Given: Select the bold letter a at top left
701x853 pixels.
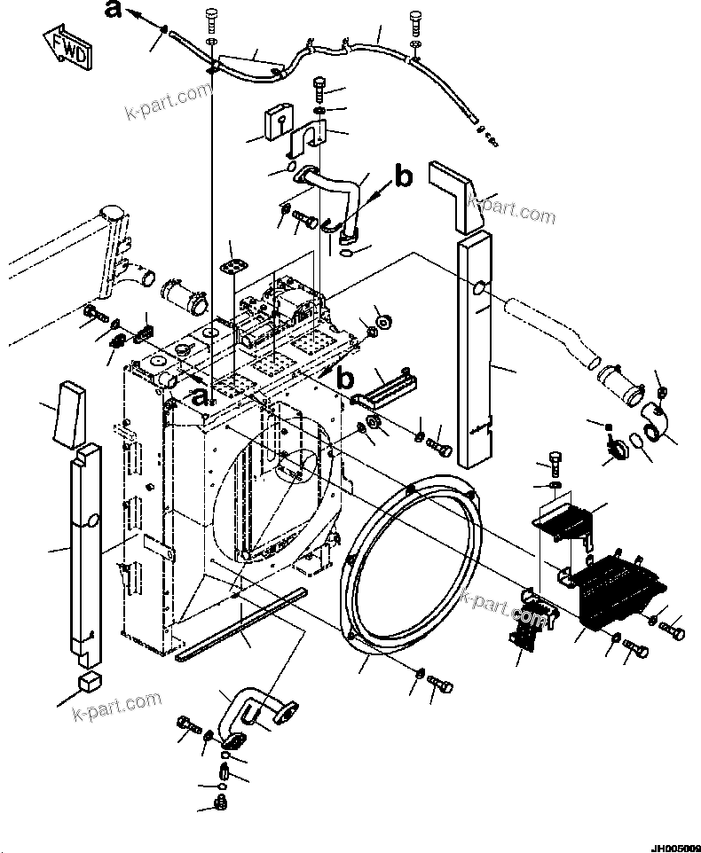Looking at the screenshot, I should pos(113,10).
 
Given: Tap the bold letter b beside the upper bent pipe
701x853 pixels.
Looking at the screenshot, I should pos(404,176).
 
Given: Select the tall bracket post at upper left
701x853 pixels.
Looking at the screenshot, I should pos(112,247).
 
